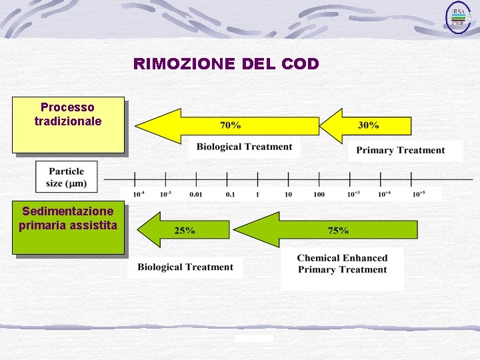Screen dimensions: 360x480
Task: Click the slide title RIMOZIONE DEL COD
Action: tap(226, 64)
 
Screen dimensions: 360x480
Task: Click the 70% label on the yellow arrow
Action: tap(231, 125)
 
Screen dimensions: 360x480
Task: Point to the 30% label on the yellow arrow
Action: tap(369, 125)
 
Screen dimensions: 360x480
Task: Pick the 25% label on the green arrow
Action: tap(185, 231)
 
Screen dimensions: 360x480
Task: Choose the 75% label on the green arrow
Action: tap(338, 231)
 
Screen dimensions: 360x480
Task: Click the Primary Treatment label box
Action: tap(400, 151)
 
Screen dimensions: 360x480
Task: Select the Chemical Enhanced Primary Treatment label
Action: tap(342, 264)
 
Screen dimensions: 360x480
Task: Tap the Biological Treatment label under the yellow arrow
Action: tap(244, 147)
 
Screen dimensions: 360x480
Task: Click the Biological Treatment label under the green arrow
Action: tap(185, 267)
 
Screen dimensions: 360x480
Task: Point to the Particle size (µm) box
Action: tap(66, 177)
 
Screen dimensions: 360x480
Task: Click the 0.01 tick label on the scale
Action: tap(195, 194)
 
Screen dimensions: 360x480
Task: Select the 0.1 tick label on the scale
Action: tap(230, 194)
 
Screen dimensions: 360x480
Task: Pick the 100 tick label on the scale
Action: tap(319, 194)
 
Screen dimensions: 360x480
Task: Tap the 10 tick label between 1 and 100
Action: tap(288, 194)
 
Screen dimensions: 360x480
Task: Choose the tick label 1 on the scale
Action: tap(257, 194)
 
